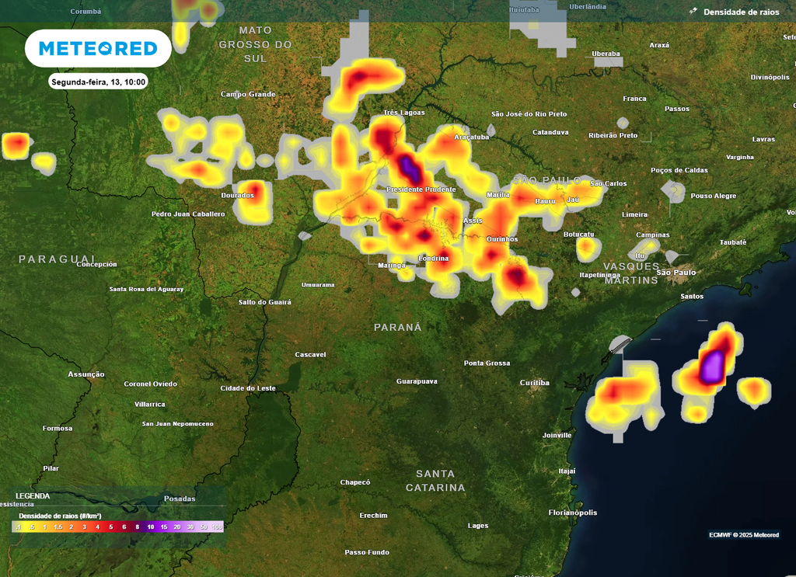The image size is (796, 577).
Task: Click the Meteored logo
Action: click(x=98, y=49)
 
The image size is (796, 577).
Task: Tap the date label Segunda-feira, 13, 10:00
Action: click(x=98, y=82)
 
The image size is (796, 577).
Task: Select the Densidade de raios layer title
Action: click(x=740, y=12)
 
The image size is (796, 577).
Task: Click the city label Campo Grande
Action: click(x=248, y=94)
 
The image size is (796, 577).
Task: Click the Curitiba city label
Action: click(x=535, y=383)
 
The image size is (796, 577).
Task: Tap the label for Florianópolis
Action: click(x=573, y=513)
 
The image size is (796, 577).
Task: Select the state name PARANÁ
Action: click(x=398, y=327)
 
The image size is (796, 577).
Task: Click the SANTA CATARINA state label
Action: click(x=435, y=481)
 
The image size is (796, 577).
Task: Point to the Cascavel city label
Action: click(x=310, y=354)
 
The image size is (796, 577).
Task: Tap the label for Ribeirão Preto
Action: click(x=613, y=135)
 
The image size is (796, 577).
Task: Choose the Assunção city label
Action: click(x=86, y=374)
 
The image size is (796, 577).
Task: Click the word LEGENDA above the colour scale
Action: click(x=33, y=495)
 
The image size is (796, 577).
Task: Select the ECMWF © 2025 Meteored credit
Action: click(x=743, y=534)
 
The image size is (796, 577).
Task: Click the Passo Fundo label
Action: click(x=367, y=552)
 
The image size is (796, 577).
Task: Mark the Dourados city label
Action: click(x=238, y=195)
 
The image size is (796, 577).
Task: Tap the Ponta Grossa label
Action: click(x=487, y=363)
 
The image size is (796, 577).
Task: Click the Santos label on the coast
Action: click(x=691, y=296)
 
